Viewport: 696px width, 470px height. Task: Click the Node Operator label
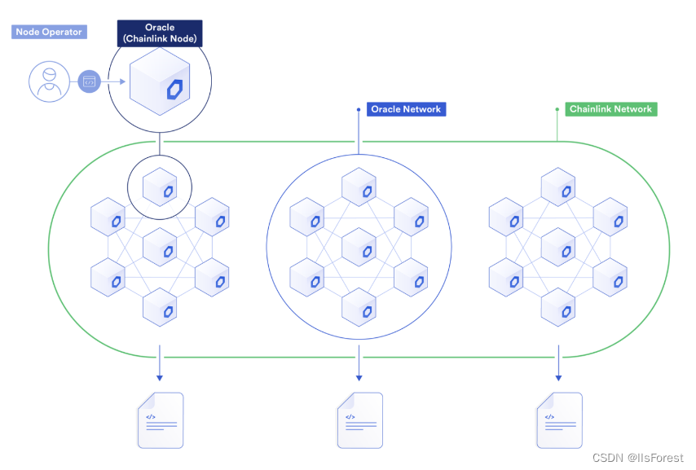[x=49, y=33]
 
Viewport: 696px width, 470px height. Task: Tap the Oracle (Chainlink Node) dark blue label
[x=159, y=33]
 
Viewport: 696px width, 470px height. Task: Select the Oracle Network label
[x=406, y=109]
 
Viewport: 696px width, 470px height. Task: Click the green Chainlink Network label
[x=610, y=109]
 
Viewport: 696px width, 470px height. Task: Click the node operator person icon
[x=50, y=81]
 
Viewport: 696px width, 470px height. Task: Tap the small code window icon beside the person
[x=90, y=81]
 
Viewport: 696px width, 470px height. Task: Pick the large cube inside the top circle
[x=160, y=82]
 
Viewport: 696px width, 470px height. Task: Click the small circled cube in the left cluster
[x=159, y=187]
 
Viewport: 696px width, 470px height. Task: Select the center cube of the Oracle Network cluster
[x=359, y=248]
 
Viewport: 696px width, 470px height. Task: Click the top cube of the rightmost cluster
[x=558, y=187]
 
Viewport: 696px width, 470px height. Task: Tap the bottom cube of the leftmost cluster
[x=159, y=307]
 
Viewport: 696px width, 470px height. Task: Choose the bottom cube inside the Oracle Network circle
[x=359, y=307]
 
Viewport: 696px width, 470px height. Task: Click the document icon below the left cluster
[x=161, y=420]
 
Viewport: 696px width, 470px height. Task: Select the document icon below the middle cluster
[x=359, y=420]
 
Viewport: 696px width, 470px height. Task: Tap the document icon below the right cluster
[x=560, y=420]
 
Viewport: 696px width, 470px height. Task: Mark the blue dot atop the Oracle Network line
[x=358, y=108]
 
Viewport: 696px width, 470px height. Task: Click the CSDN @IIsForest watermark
[x=637, y=458]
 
